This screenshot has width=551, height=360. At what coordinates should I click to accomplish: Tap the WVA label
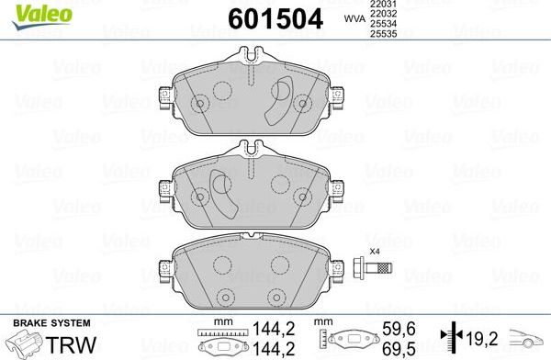(353, 17)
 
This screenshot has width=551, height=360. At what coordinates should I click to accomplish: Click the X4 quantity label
(374, 252)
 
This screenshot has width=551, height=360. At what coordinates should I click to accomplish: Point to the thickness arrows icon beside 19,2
(450, 336)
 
